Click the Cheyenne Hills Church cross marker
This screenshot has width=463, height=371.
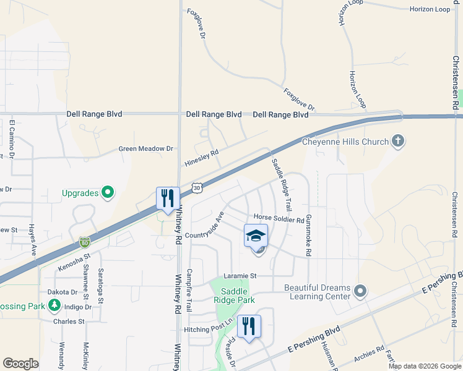[x=397, y=142]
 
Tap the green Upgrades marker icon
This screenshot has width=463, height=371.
[x=108, y=193]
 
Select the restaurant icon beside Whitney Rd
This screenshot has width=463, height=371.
[x=168, y=198]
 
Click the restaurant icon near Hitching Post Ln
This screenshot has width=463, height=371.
[x=249, y=326]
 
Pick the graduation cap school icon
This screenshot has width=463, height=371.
[x=256, y=236]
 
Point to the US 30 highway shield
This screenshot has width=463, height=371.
[x=197, y=187]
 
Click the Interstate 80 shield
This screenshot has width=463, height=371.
[x=85, y=242]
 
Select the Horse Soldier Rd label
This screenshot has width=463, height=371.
[x=279, y=220]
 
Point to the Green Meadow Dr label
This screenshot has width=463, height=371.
[x=146, y=149]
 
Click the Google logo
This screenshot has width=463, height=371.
[x=20, y=364]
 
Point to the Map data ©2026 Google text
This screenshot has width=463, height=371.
[x=424, y=366]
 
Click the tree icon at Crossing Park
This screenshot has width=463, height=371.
[x=54, y=305]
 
